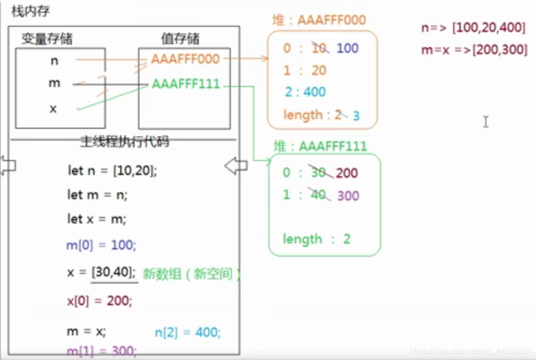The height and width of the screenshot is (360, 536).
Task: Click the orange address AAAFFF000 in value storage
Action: point(185,59)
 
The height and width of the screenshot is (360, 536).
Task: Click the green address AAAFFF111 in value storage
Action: point(186,84)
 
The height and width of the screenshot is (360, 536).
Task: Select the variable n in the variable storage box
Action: point(54,60)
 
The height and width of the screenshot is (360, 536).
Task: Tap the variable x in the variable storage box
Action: point(53,108)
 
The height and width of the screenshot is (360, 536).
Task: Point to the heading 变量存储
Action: point(47,39)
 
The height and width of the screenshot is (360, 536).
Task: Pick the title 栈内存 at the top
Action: point(31,11)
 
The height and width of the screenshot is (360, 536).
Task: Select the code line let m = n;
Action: point(97,195)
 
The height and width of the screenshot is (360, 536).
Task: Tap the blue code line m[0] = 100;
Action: point(101,245)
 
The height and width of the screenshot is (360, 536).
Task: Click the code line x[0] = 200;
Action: point(99,301)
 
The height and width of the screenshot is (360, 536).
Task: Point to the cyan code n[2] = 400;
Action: point(188,333)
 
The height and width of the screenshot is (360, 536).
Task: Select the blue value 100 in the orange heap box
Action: point(348,48)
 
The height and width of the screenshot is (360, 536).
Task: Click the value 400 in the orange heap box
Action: point(314,92)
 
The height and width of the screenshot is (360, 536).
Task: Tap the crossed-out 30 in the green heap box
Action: point(318,173)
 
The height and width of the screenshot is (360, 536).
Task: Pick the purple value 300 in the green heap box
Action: point(348,196)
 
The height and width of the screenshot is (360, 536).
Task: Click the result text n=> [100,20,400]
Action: point(473,28)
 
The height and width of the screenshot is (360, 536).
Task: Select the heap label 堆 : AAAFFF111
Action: point(320,146)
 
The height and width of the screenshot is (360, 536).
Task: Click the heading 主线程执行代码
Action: point(124,142)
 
